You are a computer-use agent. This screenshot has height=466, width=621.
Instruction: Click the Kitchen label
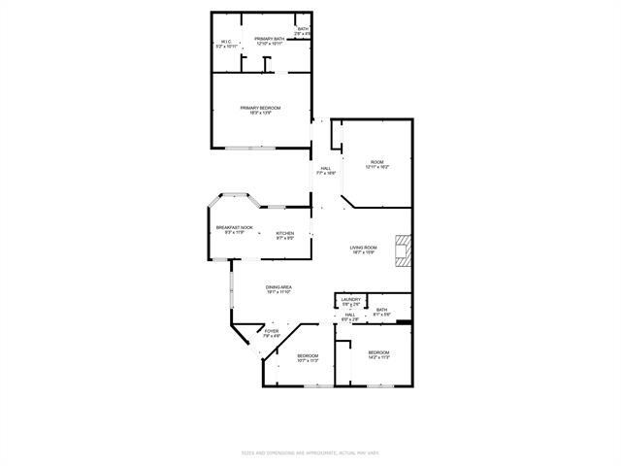click(x=285, y=233)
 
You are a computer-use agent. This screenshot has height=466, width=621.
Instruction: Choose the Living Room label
click(x=363, y=248)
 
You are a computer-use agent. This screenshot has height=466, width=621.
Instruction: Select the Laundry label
click(x=351, y=301)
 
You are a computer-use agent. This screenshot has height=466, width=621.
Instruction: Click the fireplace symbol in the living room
click(x=402, y=251)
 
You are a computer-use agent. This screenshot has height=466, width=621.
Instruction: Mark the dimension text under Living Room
click(x=363, y=254)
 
